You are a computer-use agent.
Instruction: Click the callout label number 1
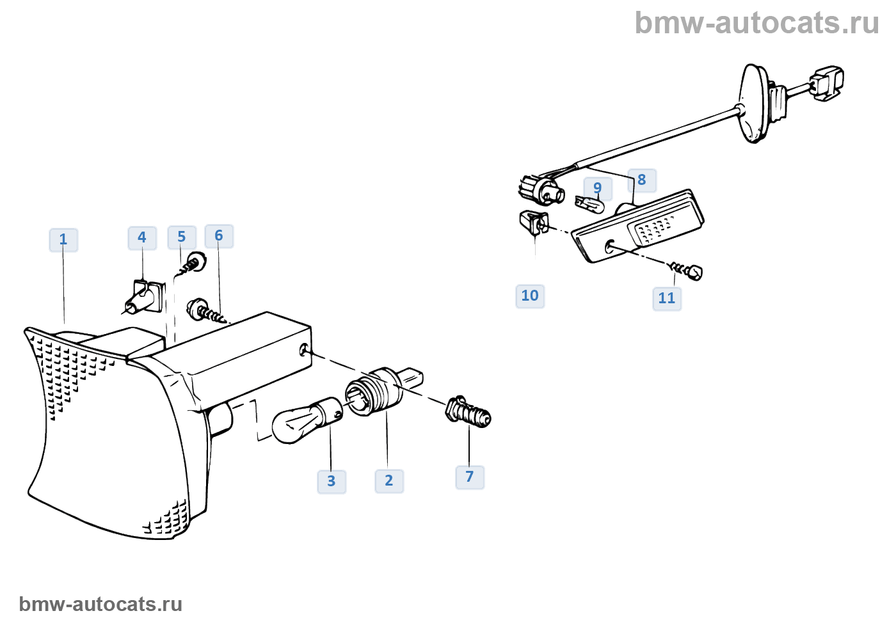click(63, 240)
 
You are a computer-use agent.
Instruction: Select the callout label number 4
click(142, 238)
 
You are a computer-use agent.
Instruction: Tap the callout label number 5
click(182, 237)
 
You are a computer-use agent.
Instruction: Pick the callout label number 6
click(219, 236)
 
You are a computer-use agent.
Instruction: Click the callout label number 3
click(332, 481)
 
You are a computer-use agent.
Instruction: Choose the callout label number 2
click(389, 480)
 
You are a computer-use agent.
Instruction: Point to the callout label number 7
click(470, 477)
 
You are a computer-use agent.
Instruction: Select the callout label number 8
click(642, 180)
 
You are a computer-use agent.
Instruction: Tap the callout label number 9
click(598, 188)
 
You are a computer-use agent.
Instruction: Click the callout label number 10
click(530, 296)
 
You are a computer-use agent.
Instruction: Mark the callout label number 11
click(667, 298)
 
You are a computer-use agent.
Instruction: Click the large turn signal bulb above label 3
click(304, 420)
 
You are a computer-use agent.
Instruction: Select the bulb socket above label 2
click(378, 390)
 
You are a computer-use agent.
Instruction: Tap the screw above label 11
click(688, 271)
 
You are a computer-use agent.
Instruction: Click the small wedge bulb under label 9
click(589, 205)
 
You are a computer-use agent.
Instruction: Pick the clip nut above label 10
click(534, 222)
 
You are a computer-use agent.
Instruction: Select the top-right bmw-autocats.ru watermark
click(756, 23)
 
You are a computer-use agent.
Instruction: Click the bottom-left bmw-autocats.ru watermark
click(100, 604)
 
